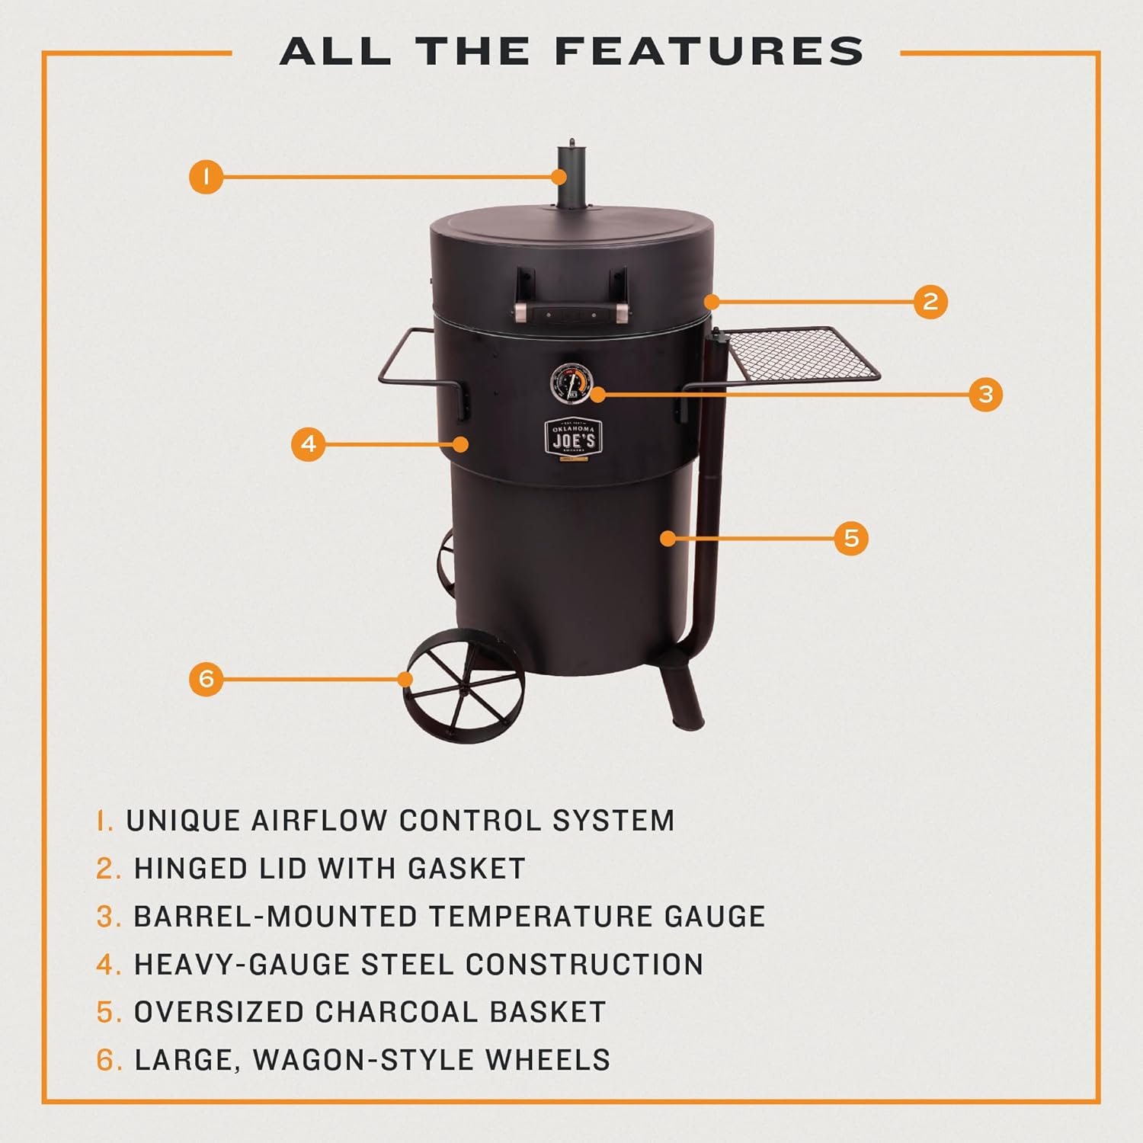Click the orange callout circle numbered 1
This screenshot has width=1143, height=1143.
pyautogui.click(x=206, y=178)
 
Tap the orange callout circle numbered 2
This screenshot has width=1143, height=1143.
pyautogui.click(x=930, y=302)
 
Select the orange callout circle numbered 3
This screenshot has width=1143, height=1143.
pyautogui.click(x=986, y=394)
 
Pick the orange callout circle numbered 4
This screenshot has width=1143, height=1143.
pyautogui.click(x=309, y=443)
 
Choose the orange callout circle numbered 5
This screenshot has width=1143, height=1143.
pyautogui.click(x=851, y=538)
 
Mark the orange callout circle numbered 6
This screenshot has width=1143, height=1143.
pyautogui.click(x=207, y=678)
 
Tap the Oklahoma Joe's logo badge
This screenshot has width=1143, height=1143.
pyautogui.click(x=573, y=438)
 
